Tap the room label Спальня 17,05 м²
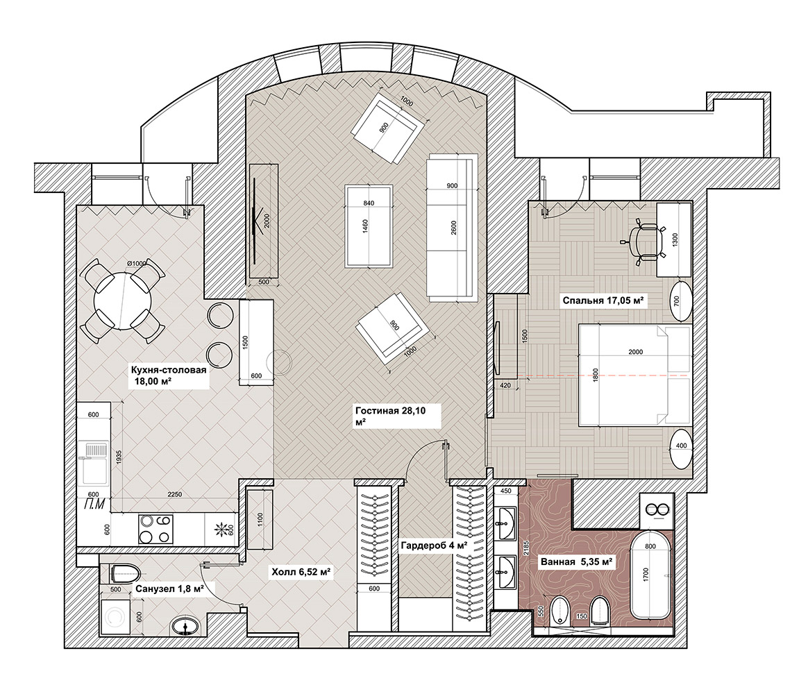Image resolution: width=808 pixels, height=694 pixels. (603, 301)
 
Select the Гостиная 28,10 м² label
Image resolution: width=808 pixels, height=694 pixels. (391, 416)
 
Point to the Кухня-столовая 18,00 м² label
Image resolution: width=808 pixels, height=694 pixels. (168, 375)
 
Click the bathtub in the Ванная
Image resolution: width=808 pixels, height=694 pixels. (650, 575)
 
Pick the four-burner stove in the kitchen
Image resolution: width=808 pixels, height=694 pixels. (155, 529)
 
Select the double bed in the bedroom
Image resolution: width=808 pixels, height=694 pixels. (634, 375)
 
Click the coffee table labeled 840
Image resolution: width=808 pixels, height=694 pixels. (369, 226)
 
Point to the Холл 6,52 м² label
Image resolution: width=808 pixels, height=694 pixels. (301, 572)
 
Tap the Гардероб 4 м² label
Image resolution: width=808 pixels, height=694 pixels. (434, 545)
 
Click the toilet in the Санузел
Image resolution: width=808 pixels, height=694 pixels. (126, 572)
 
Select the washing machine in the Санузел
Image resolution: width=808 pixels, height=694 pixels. (115, 616)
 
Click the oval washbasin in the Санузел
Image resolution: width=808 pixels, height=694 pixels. (185, 627)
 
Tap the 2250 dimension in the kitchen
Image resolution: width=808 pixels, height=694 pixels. (175, 494)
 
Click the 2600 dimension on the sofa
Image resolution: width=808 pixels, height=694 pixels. (453, 227)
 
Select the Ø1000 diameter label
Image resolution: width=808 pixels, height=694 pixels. (137, 263)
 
